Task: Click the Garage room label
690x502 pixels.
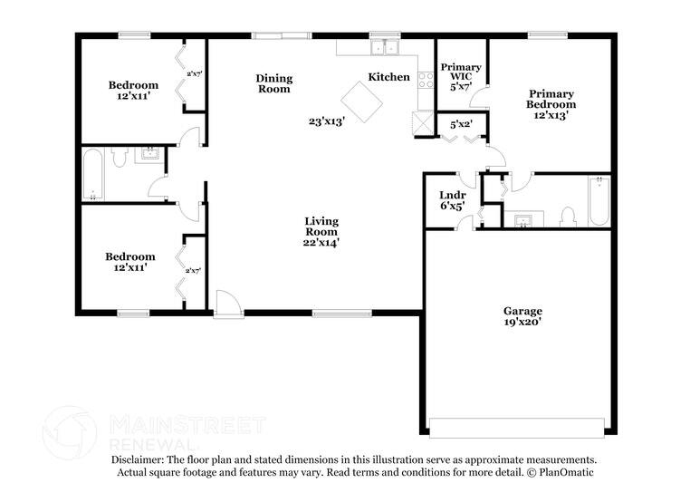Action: (523, 311)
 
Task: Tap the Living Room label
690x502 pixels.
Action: (321, 221)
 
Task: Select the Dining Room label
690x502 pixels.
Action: (273, 83)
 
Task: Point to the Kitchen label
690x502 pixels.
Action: (388, 78)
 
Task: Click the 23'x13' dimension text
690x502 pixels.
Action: (326, 121)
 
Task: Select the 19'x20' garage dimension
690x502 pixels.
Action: (523, 322)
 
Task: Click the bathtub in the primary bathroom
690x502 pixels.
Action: (599, 201)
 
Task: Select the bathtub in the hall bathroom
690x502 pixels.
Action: (93, 174)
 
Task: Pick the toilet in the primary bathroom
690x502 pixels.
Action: (568, 216)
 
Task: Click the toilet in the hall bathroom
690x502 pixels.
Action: (119, 158)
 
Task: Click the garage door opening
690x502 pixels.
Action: (516, 427)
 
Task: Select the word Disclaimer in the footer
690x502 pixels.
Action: (135, 460)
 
